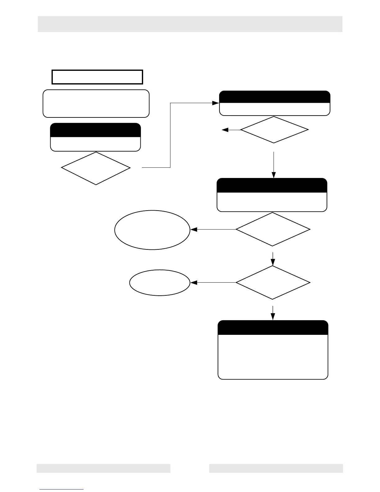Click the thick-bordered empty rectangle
coord(97,77)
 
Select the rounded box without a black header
coord(96,104)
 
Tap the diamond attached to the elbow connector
coord(96,168)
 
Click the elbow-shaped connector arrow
coord(170,135)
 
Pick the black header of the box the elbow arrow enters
coord(274,97)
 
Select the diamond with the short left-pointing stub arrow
coord(274,130)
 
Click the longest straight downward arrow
coord(274,165)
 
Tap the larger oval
coord(152,230)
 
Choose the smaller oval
coord(160,283)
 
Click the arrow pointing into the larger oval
coord(213,230)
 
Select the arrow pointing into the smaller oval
coord(213,283)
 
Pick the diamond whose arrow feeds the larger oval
coord(273,230)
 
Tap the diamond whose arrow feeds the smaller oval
coord(273,283)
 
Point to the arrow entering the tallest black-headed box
coord(273,313)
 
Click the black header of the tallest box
coord(273,328)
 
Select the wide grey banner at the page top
coord(190,24)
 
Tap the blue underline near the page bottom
coord(61,489)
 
